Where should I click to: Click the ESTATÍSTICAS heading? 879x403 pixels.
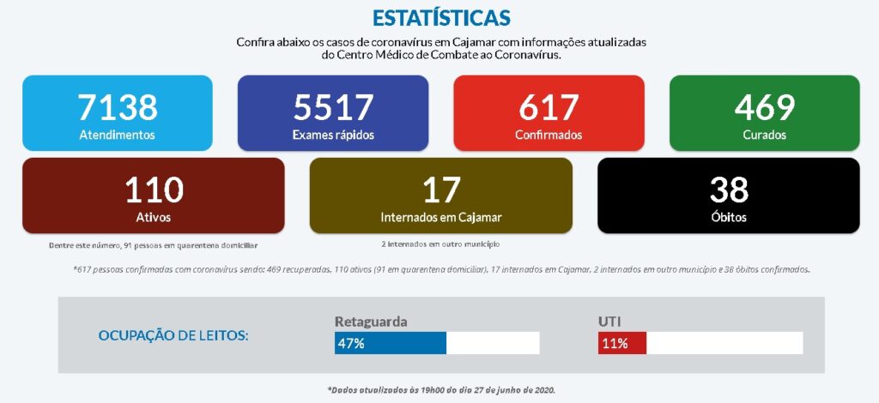[441, 18]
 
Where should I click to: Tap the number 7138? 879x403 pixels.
[118, 107]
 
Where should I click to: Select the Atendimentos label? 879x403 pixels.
[118, 135]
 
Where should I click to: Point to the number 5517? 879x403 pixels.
[333, 107]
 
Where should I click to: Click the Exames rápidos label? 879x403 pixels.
[333, 135]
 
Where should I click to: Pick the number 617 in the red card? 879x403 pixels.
[549, 107]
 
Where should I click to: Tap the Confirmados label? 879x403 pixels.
[549, 135]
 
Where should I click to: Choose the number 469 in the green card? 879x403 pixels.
[764, 107]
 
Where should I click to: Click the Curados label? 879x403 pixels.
[764, 135]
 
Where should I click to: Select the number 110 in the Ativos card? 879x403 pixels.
[154, 189]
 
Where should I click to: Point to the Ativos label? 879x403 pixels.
[154, 217]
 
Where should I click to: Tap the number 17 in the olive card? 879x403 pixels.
[441, 189]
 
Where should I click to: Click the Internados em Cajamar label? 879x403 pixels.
[441, 217]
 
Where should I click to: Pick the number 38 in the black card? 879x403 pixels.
[729, 189]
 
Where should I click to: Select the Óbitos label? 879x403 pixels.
[729, 217]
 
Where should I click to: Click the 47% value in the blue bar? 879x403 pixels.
[350, 344]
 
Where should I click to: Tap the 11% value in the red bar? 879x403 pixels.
[614, 344]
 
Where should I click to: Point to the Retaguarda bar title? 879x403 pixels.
[371, 322]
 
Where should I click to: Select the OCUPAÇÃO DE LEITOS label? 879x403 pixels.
[173, 335]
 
